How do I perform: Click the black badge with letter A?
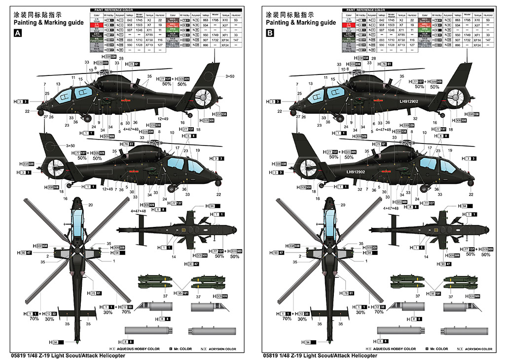[18, 33]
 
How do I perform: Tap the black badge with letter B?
[270, 33]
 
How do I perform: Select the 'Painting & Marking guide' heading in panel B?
[301, 22]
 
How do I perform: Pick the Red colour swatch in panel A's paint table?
[97, 25]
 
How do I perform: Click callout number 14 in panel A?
[174, 257]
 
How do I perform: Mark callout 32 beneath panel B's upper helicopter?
[415, 119]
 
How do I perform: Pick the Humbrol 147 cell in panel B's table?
[488, 40]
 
